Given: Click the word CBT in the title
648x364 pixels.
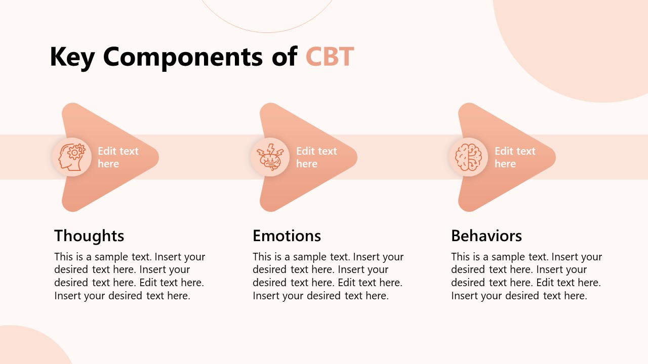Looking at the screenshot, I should [x=330, y=57].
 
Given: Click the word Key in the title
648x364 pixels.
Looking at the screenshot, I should [x=72, y=57].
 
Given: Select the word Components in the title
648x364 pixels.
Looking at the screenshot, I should [x=183, y=57].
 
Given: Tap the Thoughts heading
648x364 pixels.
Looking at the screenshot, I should [x=89, y=236].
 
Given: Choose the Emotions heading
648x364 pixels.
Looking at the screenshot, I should [x=287, y=236].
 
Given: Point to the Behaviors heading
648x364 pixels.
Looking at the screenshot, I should [x=486, y=236].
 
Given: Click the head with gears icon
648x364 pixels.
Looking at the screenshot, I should [x=72, y=157].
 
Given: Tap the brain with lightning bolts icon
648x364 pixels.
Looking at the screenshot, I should [x=270, y=157].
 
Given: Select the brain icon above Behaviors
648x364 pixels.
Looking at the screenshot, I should [x=469, y=157].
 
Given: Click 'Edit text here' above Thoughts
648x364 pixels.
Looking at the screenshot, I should [x=118, y=157].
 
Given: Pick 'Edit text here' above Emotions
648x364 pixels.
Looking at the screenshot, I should [x=316, y=157].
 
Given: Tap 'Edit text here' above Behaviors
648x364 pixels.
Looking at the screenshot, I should [x=515, y=157].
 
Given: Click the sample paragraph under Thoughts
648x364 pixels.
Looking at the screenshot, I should [x=130, y=276].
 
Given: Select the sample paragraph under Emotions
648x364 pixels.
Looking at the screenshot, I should [x=328, y=276].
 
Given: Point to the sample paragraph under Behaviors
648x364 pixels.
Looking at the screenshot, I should [x=526, y=276].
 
